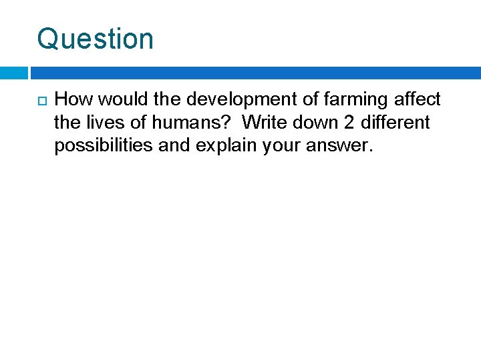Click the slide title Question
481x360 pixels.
[95, 39]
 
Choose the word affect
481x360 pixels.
[417, 100]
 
